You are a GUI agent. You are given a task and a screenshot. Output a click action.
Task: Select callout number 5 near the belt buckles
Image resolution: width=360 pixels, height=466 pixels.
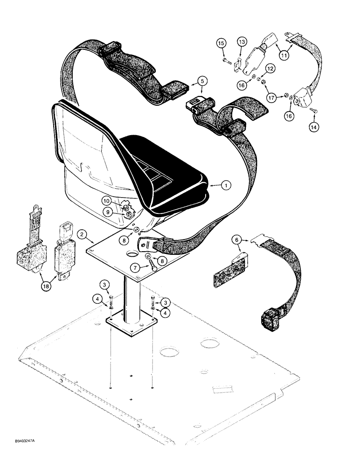tap(189, 81)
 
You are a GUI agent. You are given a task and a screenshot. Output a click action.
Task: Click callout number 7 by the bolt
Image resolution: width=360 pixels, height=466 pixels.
tap(135, 268)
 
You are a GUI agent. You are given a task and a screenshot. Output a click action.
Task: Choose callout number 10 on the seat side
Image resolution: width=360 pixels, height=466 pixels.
tap(106, 201)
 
